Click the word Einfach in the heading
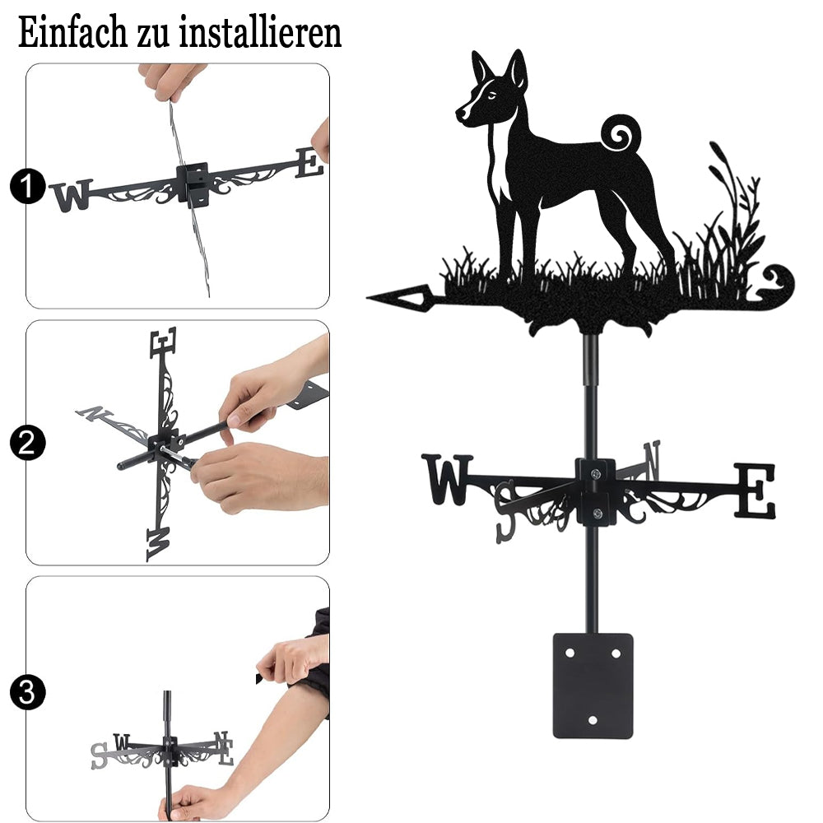pos(73,33)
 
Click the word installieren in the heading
pos(260,33)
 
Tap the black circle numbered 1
pos(27,186)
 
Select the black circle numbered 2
pos(27,443)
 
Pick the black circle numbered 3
pos(27,692)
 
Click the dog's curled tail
pos(621,133)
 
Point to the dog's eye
pos(491,95)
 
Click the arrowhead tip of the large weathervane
pos(367,298)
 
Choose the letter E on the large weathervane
pos(754,491)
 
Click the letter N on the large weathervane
pos(652,460)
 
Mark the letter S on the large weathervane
pos(506,512)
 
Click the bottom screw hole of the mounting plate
pos(593,720)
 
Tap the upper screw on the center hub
pos(595,474)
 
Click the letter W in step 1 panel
pos(71,196)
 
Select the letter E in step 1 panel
pos(309,163)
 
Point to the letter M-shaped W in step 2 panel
pos(158,544)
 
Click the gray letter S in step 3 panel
pos(99,756)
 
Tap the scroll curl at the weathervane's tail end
pos(779,283)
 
